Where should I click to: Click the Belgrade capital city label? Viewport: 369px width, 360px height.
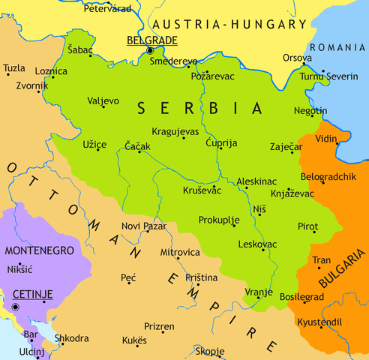coord(151,40)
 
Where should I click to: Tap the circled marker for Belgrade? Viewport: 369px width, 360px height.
coord(150,50)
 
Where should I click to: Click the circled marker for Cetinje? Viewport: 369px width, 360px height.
coord(14,307)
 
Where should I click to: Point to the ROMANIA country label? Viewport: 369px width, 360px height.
coord(339,46)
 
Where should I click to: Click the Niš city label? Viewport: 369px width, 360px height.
coord(259,203)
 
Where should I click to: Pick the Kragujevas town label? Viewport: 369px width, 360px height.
coord(175,130)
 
